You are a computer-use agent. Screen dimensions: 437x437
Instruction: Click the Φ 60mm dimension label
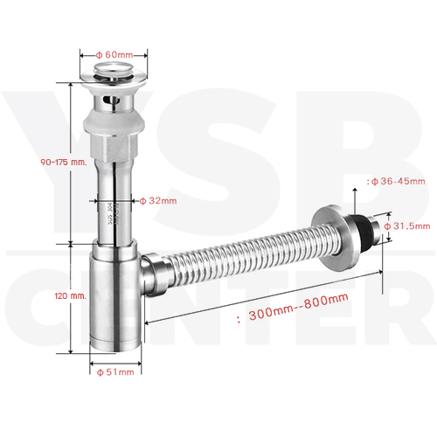pyautogui.click(x=114, y=55)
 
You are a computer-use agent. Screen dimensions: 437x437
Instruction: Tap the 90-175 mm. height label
pyautogui.click(x=64, y=162)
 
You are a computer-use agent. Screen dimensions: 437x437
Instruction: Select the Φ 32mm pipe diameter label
pyautogui.click(x=158, y=201)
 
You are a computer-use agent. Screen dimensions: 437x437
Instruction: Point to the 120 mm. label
pyautogui.click(x=71, y=295)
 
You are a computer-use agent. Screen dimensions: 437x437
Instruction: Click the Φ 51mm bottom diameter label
pyautogui.click(x=115, y=372)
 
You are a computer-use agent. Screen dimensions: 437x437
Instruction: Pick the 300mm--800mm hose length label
pyautogui.click(x=298, y=307)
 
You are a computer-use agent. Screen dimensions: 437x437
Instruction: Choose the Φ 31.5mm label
pyautogui.click(x=407, y=226)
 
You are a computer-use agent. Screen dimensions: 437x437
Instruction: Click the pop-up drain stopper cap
pyautogui.click(x=114, y=68)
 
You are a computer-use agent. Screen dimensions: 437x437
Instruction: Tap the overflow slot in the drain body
pyautogui.click(x=112, y=101)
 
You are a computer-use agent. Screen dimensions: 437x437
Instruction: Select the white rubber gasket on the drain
pyautogui.click(x=114, y=122)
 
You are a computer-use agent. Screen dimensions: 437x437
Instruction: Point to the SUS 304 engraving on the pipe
pyautogui.click(x=110, y=216)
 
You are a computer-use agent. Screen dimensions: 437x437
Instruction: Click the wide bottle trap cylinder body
pyautogui.click(x=115, y=300)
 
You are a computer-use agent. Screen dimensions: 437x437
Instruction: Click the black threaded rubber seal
pyautogui.click(x=360, y=226)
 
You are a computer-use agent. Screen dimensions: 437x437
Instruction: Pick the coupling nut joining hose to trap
pyautogui.click(x=156, y=274)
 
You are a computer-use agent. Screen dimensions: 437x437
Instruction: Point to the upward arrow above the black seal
pyautogui.click(x=355, y=201)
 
